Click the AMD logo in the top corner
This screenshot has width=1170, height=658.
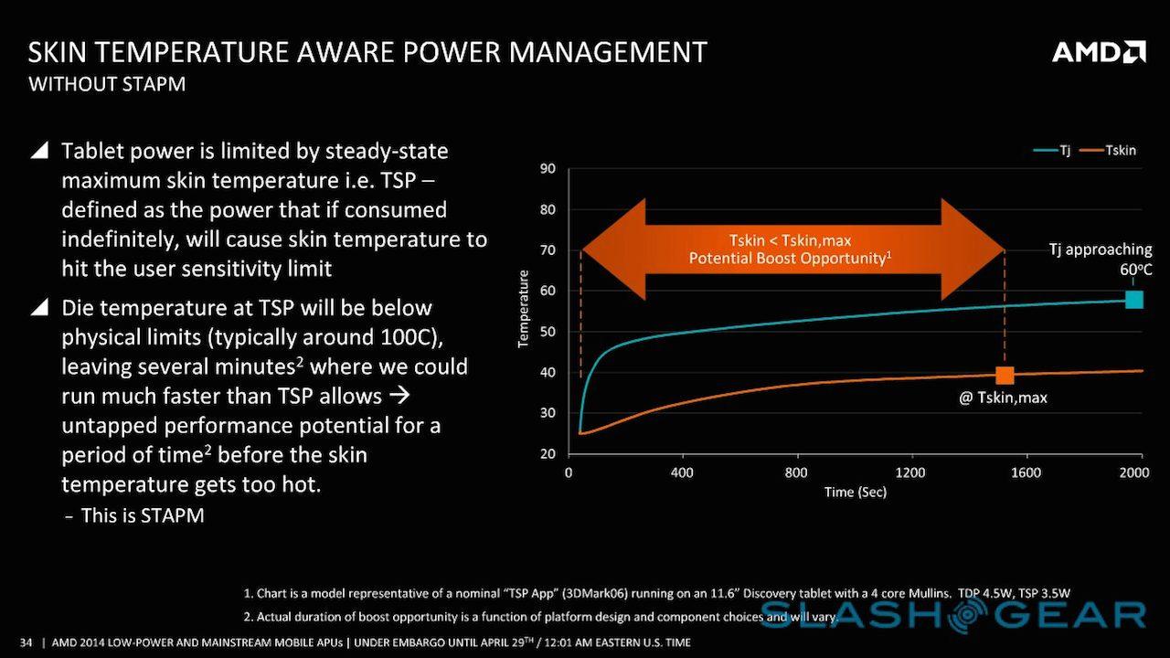pyautogui.click(x=1099, y=51)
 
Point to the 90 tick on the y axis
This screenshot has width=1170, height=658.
pyautogui.click(x=548, y=169)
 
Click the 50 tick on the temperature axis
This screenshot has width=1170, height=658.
pyautogui.click(x=548, y=332)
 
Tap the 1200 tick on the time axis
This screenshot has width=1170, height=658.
pyautogui.click(x=910, y=472)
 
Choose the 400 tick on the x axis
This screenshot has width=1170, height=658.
pyautogui.click(x=682, y=472)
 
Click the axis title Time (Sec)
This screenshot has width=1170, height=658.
pyautogui.click(x=855, y=492)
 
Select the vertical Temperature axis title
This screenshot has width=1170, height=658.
pyautogui.click(x=524, y=309)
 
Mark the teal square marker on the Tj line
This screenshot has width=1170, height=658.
pyautogui.click(x=1133, y=299)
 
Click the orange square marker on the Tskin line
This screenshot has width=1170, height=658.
pyautogui.click(x=1005, y=375)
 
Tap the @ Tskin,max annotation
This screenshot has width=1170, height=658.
pyautogui.click(x=1003, y=398)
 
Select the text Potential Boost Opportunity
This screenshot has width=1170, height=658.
pyautogui.click(x=788, y=259)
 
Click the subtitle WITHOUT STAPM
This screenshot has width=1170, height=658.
pyautogui.click(x=107, y=85)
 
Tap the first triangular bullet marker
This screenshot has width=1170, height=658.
pyautogui.click(x=39, y=151)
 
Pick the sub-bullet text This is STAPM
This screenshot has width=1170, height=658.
pyautogui.click(x=142, y=515)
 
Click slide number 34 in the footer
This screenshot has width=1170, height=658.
pyautogui.click(x=26, y=642)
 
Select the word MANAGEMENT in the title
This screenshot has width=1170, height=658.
pyautogui.click(x=607, y=51)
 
